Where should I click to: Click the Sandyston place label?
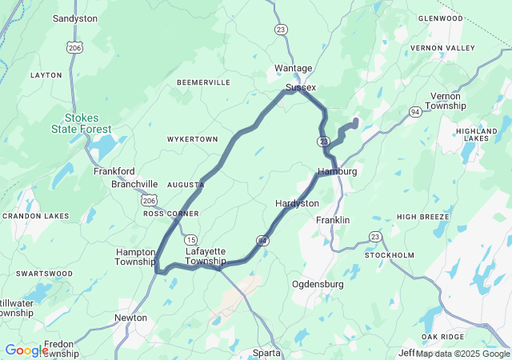click(75, 18)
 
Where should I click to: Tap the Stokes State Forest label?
click(88, 122)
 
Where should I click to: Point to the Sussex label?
click(301, 87)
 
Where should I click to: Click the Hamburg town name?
click(337, 171)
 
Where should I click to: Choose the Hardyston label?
click(297, 203)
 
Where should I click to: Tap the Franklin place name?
click(333, 220)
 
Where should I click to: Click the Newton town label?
click(130, 318)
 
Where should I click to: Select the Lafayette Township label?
click(206, 256)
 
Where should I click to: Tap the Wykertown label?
click(192, 139)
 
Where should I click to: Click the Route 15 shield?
click(190, 239)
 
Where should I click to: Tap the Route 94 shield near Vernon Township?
click(416, 111)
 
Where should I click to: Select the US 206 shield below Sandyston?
click(74, 48)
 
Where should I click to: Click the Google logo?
click(26, 350)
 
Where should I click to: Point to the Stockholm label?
click(390, 255)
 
